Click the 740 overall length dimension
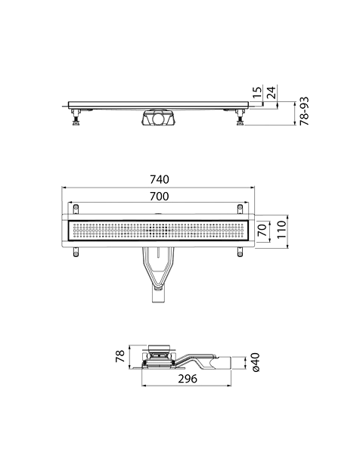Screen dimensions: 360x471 160,179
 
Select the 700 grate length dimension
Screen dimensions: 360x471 160,197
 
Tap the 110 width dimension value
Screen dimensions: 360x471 281,230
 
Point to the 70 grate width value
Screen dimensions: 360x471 263,230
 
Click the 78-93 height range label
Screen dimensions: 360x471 304,111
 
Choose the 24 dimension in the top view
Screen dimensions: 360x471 271,93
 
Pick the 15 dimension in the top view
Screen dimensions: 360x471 258,92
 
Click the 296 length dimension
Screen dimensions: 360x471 188,379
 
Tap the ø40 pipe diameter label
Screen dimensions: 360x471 256,362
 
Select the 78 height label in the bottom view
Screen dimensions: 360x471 120,356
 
